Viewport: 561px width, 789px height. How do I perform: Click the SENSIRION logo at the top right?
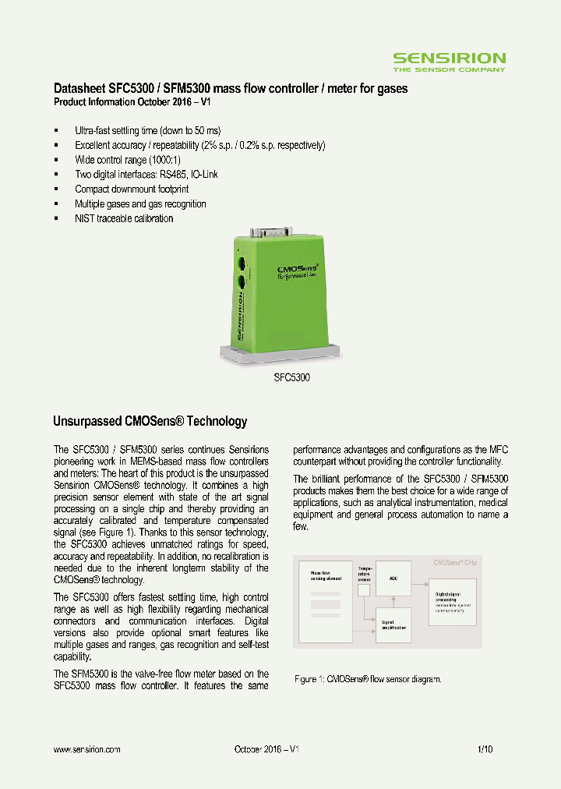point(449,60)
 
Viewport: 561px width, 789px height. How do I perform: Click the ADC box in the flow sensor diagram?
point(393,579)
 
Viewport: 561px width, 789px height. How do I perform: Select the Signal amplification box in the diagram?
point(393,625)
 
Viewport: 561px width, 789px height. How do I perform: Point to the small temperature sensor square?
point(364,590)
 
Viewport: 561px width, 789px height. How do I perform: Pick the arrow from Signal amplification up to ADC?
point(393,602)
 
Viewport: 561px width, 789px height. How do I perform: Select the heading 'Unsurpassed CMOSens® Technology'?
point(150,422)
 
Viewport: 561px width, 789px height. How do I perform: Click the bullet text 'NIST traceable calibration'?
point(124,219)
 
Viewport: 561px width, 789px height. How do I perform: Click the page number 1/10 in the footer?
point(485,749)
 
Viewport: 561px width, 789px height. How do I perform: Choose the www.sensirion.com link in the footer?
point(86,749)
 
